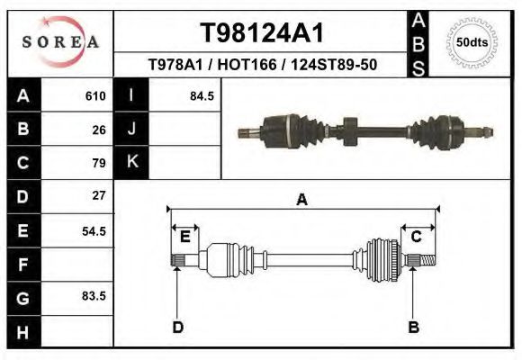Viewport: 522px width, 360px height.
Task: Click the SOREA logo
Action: [x=60, y=42]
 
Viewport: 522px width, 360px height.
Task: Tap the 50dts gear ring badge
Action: [x=472, y=42]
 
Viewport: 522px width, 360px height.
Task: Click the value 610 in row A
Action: [x=95, y=95]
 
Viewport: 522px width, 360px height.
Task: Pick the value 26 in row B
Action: [x=99, y=129]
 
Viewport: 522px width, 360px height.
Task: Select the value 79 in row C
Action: [x=99, y=163]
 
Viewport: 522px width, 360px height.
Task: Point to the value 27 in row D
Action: [x=99, y=195]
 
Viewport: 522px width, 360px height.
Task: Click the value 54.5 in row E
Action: [x=94, y=230]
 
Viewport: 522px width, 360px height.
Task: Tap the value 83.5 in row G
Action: [x=94, y=295]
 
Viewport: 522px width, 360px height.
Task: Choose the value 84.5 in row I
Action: [x=202, y=95]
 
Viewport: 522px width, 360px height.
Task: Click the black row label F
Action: [x=22, y=265]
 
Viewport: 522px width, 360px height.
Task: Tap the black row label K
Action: [x=131, y=163]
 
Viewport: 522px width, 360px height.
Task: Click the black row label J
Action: [x=131, y=129]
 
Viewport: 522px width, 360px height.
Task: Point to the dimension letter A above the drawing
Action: [x=301, y=201]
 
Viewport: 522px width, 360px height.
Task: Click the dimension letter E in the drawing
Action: [x=184, y=237]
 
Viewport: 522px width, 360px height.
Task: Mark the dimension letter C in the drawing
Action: [x=416, y=237]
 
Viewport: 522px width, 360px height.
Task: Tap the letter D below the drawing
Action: [x=177, y=327]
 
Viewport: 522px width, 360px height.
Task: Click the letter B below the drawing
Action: [x=413, y=327]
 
